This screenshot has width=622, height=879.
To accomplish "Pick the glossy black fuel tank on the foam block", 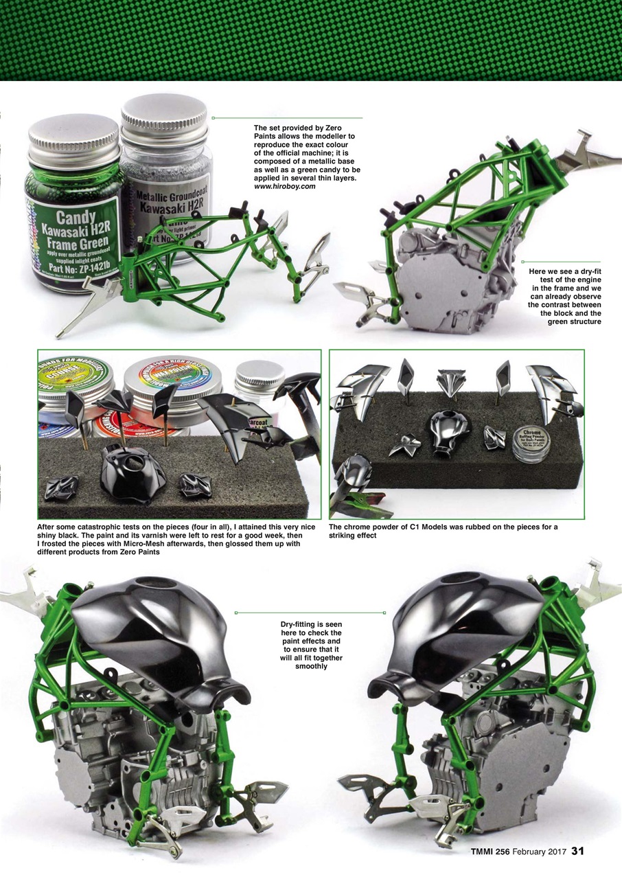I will [x=132, y=472].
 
